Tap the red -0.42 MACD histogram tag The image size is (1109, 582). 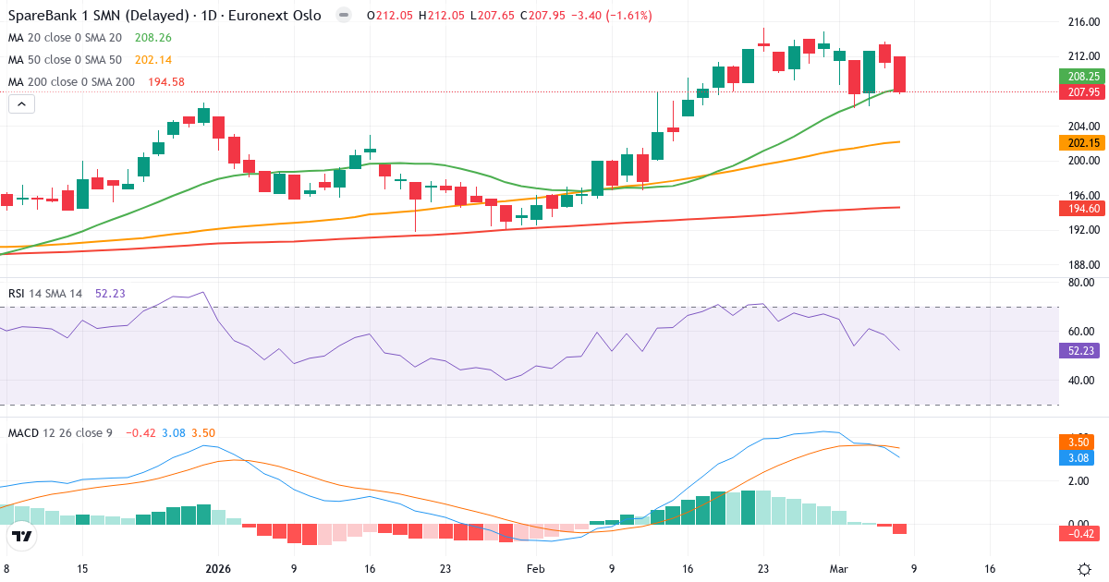1078,533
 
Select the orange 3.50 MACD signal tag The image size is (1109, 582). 1078,443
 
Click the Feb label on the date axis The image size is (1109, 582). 535,570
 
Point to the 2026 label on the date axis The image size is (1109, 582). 218,570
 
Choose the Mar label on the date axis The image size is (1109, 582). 838,570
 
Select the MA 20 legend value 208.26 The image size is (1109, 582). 153,38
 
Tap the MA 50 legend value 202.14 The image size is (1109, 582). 153,60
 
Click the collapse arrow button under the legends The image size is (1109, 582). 21,104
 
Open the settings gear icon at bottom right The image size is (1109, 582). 1085,569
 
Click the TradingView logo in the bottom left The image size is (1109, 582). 22,536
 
